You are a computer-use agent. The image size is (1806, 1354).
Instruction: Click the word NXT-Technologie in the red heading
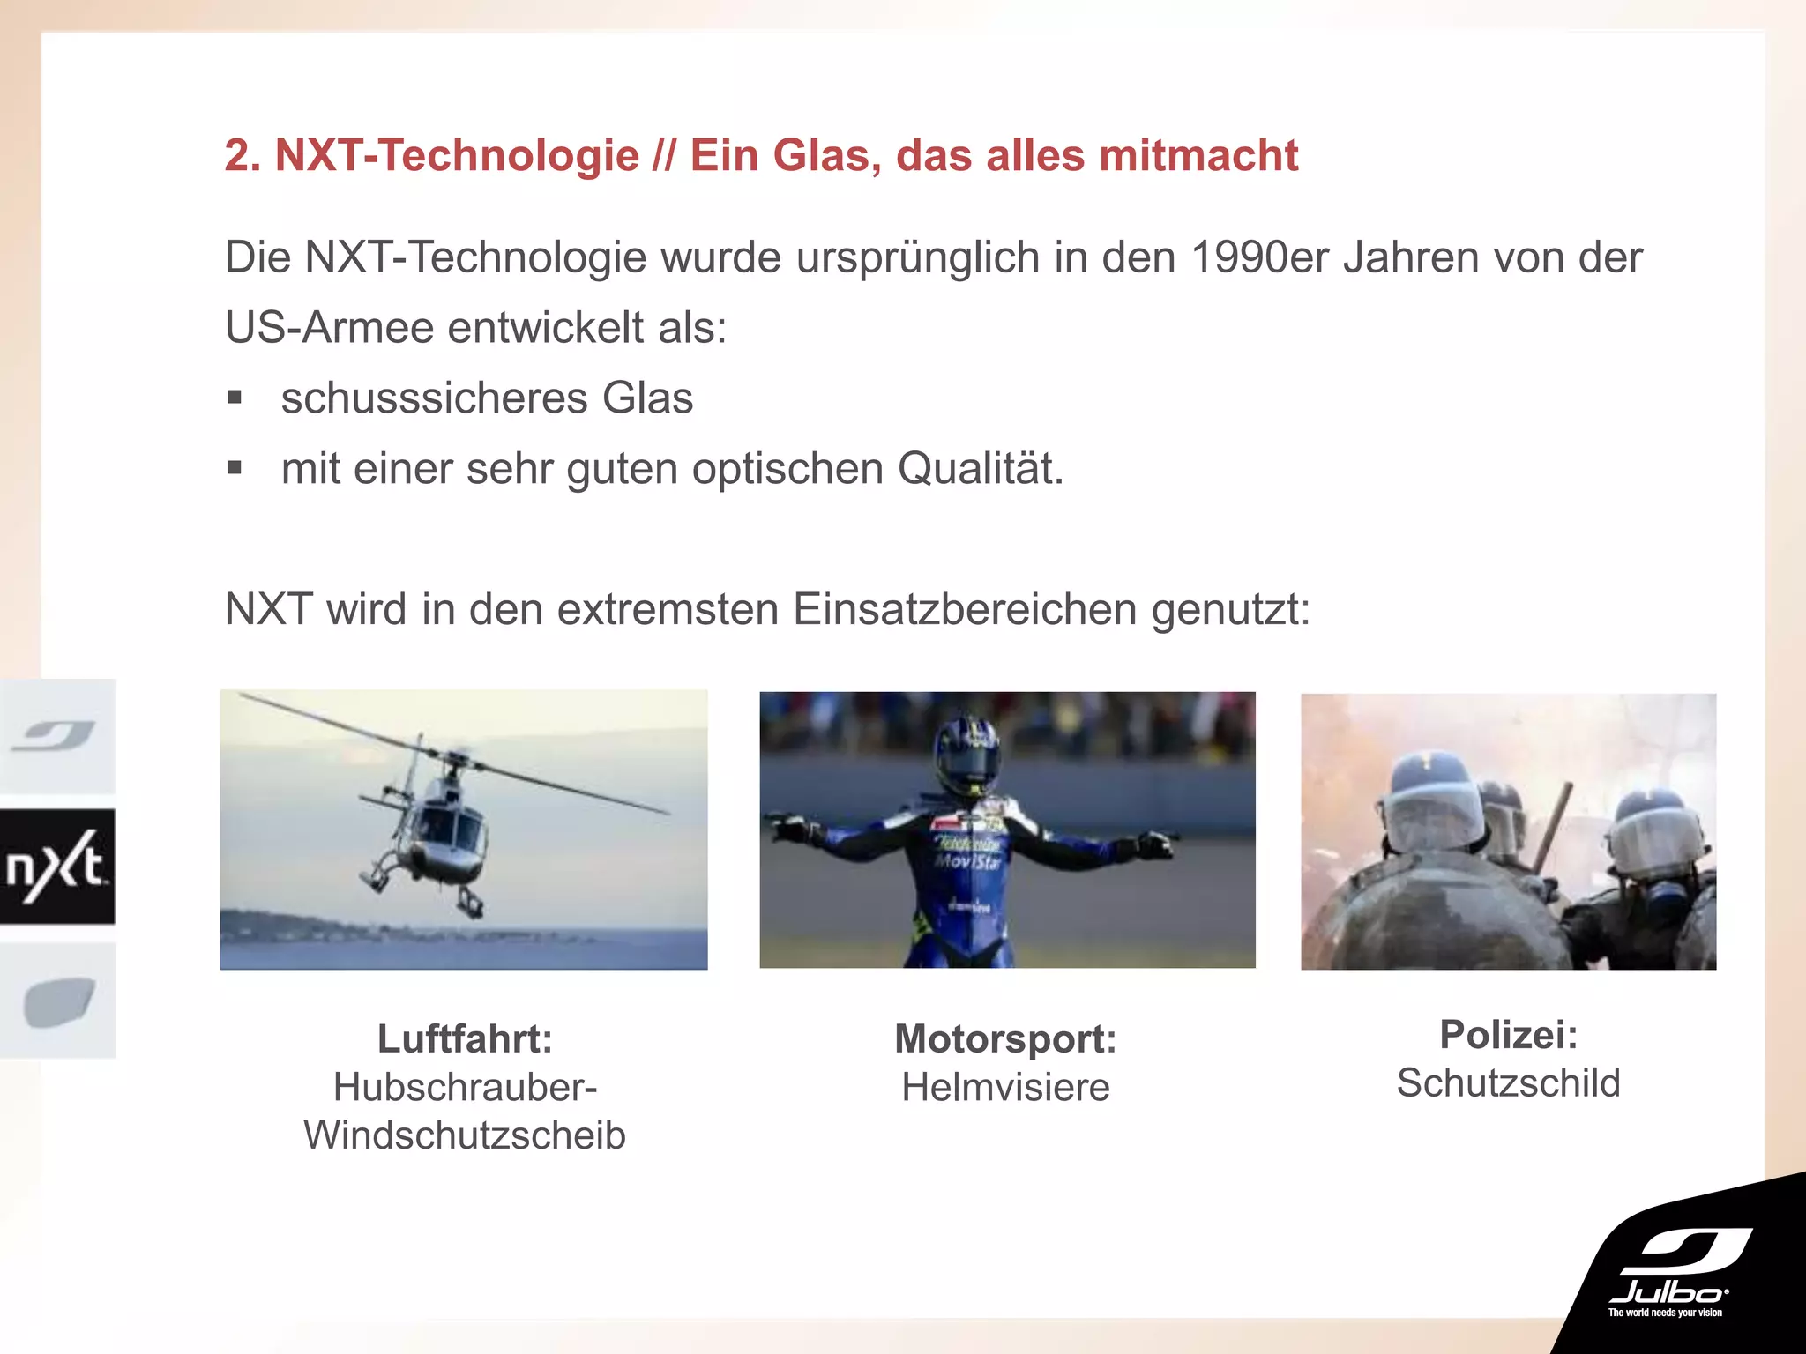tap(457, 156)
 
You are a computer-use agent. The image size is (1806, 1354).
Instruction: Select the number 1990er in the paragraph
tap(1259, 258)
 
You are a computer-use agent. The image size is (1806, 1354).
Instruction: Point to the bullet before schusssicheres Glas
tap(234, 398)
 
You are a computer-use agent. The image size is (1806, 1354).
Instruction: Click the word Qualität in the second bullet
tap(980, 469)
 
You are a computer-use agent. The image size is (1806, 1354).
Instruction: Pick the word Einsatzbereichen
tap(965, 609)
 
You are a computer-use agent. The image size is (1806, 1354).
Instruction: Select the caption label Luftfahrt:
tap(465, 1038)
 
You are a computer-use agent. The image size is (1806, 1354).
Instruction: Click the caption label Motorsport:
tap(1005, 1038)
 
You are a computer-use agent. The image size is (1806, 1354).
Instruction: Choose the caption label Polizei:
tap(1508, 1035)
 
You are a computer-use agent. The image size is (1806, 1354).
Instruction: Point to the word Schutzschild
tap(1508, 1083)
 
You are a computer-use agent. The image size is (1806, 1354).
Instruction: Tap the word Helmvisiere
tap(1005, 1088)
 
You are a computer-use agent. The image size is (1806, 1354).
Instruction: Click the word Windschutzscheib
tap(465, 1135)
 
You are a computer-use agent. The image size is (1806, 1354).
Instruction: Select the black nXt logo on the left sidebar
tap(57, 867)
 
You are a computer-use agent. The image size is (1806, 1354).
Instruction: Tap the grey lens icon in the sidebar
tap(58, 1001)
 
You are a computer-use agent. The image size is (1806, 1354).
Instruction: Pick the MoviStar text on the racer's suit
tap(967, 860)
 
